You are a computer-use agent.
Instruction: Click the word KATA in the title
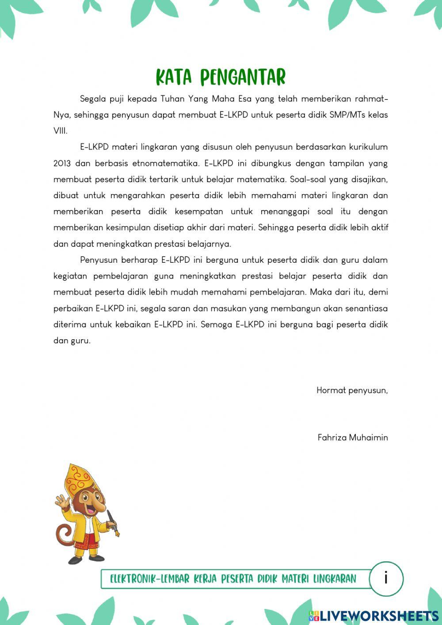pos(174,77)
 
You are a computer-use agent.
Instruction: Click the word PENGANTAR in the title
pos(243,77)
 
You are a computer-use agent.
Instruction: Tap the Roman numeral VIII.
pos(60,131)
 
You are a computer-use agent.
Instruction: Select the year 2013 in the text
pos(62,163)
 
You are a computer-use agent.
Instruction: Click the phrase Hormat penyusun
pos(352,391)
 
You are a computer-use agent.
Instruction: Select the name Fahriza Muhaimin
pos(352,438)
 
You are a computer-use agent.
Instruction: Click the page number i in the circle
pos(386,578)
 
